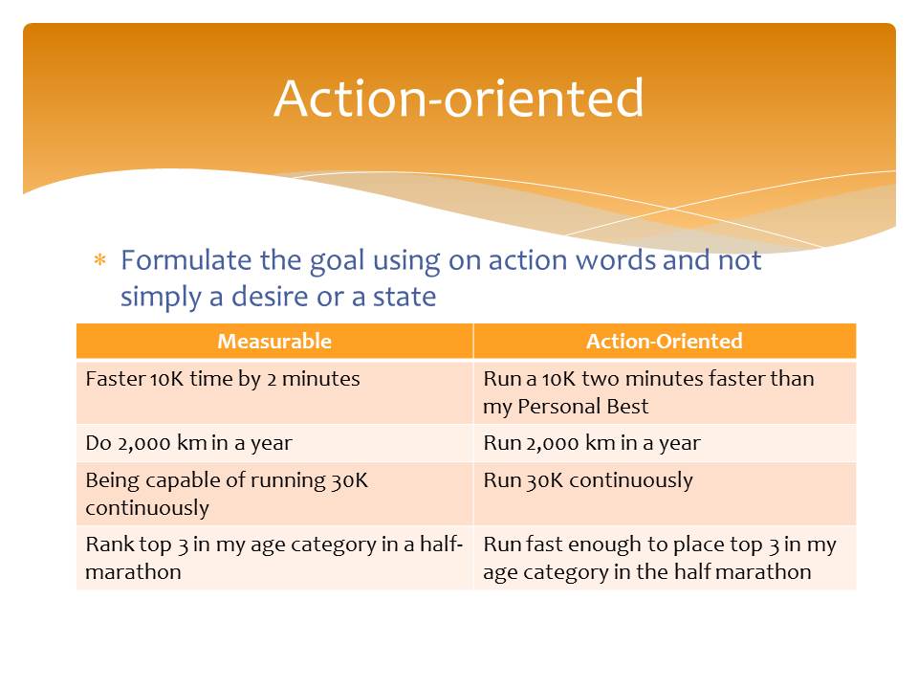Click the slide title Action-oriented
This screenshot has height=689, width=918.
tap(459, 98)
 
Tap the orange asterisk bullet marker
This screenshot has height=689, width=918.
tap(100, 259)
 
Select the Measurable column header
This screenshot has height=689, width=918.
tap(274, 341)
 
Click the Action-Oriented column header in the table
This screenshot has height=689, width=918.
tap(665, 341)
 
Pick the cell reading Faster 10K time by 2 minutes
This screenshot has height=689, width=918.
tap(274, 392)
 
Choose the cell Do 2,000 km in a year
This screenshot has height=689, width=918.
tap(274, 443)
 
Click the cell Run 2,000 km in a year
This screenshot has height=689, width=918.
tap(665, 443)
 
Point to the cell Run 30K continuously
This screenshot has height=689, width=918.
tap(665, 494)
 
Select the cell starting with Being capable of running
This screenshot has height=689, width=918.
tap(274, 494)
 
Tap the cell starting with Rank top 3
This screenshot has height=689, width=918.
tap(274, 557)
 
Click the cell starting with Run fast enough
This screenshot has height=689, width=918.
tap(665, 557)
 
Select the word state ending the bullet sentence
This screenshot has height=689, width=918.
tap(404, 297)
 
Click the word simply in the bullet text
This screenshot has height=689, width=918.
tap(161, 298)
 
